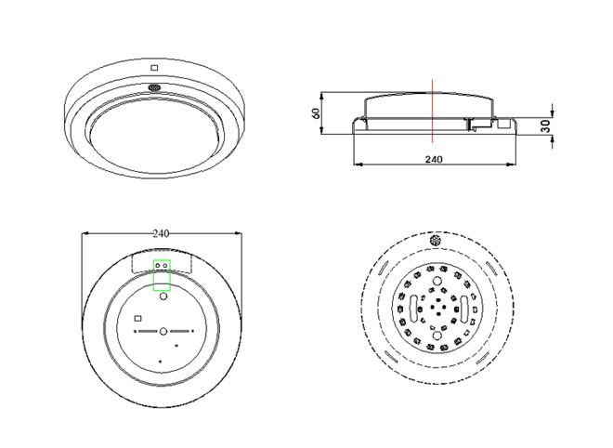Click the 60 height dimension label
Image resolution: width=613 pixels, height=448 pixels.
pyautogui.click(x=317, y=113)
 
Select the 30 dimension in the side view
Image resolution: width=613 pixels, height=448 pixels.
pyautogui.click(x=546, y=126)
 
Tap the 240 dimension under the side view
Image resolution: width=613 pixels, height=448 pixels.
pyautogui.click(x=434, y=159)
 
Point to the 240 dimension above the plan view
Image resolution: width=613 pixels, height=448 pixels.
pyautogui.click(x=161, y=233)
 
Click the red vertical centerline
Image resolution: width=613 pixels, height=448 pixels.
pyautogui.click(x=433, y=111)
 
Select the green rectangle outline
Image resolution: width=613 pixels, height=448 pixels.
pyautogui.click(x=153, y=275)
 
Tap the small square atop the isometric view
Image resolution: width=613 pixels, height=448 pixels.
pyautogui.click(x=154, y=68)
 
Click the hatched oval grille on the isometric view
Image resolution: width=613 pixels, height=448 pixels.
pyautogui.click(x=155, y=87)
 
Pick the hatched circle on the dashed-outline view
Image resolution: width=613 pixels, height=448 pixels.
pyautogui.click(x=435, y=240)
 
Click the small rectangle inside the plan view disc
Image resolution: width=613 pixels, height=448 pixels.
pyautogui.click(x=137, y=318)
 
